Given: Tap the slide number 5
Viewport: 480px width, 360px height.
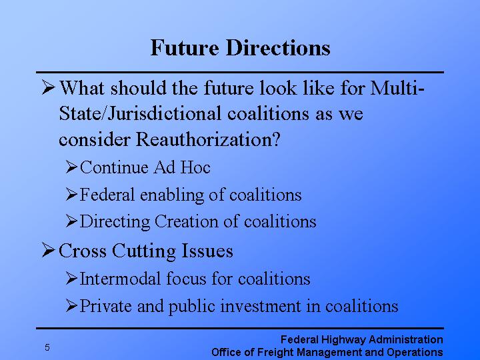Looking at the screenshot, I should coord(47,347).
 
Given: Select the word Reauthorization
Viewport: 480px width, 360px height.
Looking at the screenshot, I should coord(205,141).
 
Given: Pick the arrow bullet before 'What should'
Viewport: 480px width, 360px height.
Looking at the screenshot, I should coord(47,88).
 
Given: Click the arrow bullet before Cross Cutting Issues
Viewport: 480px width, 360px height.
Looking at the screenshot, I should coord(47,251).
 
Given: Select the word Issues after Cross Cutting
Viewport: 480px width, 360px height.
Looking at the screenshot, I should coord(207,251).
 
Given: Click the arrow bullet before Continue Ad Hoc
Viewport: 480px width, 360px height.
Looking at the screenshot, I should coord(72,167).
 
